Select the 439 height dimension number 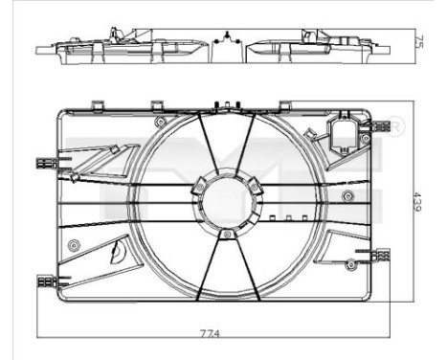[419, 204]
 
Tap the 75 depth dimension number [419, 40]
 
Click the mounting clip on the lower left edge [45, 281]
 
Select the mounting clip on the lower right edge [380, 255]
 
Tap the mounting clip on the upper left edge [43, 163]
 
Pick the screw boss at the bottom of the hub [226, 235]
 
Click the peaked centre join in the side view [226, 38]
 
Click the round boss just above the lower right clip [358, 251]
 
